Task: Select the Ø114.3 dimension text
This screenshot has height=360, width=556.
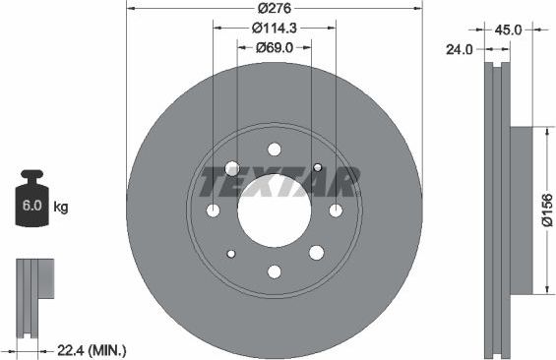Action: click(275, 30)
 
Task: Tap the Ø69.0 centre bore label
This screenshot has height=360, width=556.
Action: click(275, 47)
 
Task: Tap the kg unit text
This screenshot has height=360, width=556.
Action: click(60, 208)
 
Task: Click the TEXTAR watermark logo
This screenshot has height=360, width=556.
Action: click(278, 182)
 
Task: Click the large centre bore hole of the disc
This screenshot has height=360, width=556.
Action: click(274, 210)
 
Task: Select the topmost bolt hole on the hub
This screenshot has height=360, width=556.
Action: click(275, 150)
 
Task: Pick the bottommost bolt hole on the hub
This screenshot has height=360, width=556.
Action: click(275, 271)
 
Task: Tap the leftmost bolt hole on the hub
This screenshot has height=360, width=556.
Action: click(214, 210)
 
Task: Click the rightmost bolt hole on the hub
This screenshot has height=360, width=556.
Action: click(336, 210)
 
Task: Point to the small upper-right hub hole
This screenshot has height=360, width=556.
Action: click(318, 167)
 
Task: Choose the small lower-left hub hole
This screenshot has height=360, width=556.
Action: click(231, 254)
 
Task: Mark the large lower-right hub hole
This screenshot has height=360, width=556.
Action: click(317, 253)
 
